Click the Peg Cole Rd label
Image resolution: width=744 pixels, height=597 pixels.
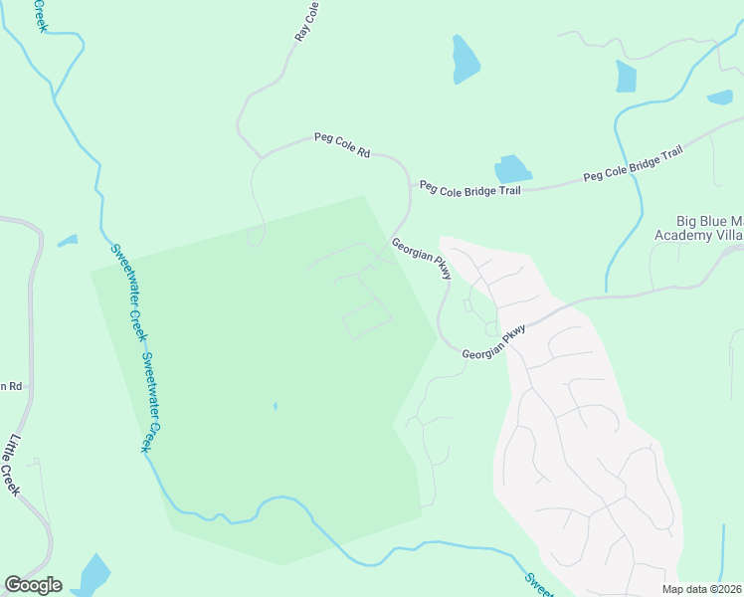[x=342, y=146]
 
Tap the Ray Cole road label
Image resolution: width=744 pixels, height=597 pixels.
[x=307, y=21]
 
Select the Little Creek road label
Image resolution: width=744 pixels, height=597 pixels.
[x=14, y=465]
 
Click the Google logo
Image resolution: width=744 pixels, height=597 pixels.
[x=33, y=585]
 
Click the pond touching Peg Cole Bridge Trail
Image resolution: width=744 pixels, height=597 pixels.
[x=512, y=169]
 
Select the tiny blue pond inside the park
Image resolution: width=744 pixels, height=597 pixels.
[x=275, y=406]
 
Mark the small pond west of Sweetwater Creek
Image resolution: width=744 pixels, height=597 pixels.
[x=68, y=241]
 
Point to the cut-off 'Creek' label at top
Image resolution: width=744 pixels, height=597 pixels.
[x=42, y=15]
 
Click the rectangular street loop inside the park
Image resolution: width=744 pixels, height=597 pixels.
[x=366, y=318]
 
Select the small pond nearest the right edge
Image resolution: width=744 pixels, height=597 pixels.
[x=719, y=97]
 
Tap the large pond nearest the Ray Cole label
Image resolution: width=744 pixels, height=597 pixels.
[x=465, y=60]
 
